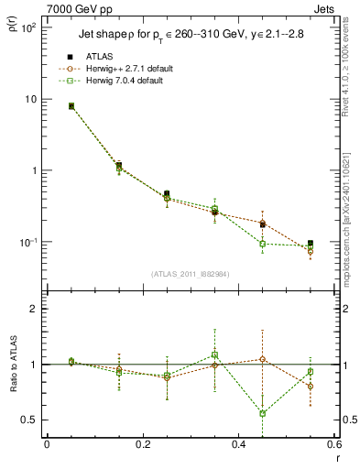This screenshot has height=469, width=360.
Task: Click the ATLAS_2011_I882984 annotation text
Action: [190, 273]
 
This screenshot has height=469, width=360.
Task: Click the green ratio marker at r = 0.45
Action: [263, 413]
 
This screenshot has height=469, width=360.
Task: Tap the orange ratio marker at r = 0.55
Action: [311, 387]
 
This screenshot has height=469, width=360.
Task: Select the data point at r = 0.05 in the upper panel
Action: [71, 106]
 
